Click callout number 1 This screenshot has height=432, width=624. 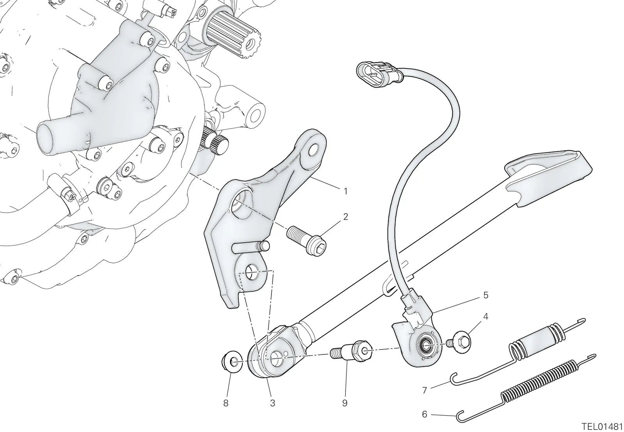point(346,191)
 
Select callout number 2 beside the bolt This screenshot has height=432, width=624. point(346,217)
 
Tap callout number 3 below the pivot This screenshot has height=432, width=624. point(273,403)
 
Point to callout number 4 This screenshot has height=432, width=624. point(486,317)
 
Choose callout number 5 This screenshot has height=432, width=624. point(486,295)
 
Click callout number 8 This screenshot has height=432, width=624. point(226,403)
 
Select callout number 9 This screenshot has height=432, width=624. point(345,403)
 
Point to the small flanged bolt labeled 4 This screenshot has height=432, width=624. point(459,341)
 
